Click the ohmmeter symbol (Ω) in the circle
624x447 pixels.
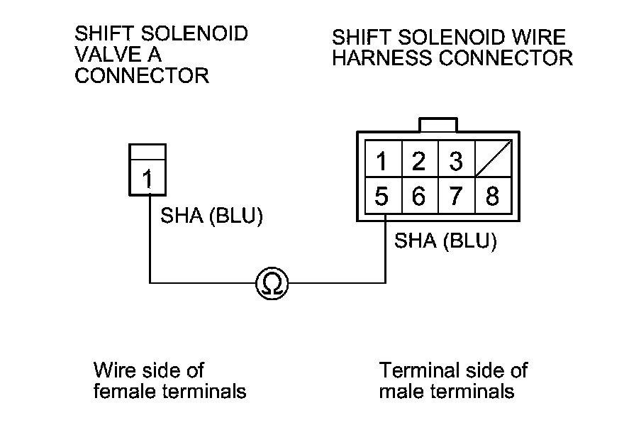pyautogui.click(x=272, y=283)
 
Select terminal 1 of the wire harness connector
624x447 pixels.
pyautogui.click(x=384, y=159)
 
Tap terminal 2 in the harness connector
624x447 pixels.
pyautogui.click(x=420, y=159)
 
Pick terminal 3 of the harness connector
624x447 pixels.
pyautogui.click(x=457, y=159)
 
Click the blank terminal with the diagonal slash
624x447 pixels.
pyautogui.click(x=494, y=159)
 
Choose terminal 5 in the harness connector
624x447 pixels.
pyautogui.click(x=384, y=195)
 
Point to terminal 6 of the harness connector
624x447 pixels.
pyautogui.click(x=420, y=195)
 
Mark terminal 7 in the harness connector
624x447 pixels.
pyautogui.click(x=457, y=195)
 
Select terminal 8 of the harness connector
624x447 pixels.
pyautogui.click(x=494, y=195)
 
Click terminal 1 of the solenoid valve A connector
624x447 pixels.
pyautogui.click(x=147, y=177)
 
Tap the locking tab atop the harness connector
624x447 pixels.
pyautogui.click(x=438, y=125)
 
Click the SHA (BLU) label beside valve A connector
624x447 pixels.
pyautogui.click(x=212, y=216)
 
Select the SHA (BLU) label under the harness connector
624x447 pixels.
pyautogui.click(x=445, y=241)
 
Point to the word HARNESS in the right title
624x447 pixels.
pyautogui.click(x=382, y=58)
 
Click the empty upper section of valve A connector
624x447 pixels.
pyautogui.click(x=147, y=152)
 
